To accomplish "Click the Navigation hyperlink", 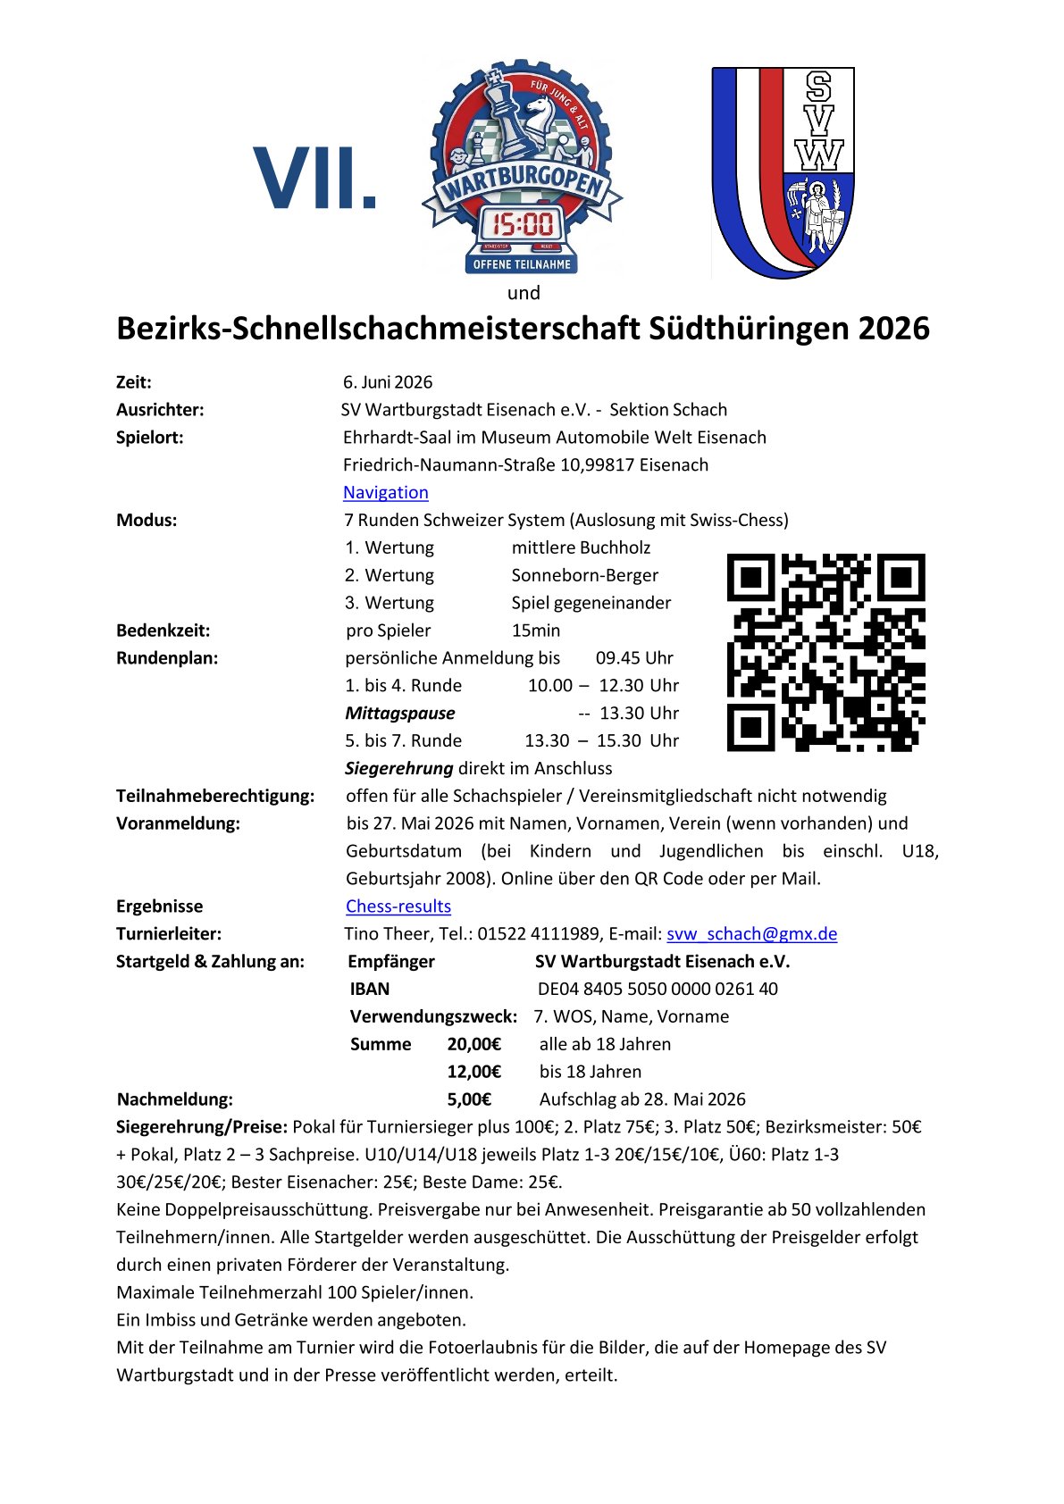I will [385, 492].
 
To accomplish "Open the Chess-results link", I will [398, 906].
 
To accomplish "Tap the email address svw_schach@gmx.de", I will [751, 933].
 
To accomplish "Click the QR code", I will [825, 652].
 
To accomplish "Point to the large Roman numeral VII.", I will [314, 180].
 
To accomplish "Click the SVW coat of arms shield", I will [783, 171].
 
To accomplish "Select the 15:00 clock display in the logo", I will [524, 223].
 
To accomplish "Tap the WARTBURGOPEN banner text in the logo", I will [523, 183].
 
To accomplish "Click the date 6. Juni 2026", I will [388, 382].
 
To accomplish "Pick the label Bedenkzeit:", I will [163, 631].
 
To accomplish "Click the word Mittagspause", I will [400, 714].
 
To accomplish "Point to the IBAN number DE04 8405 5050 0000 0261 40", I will [658, 989].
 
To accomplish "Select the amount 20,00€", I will [473, 1044].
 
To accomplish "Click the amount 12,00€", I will [473, 1072].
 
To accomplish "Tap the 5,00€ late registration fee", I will [469, 1099].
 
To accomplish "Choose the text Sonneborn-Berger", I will [585, 575].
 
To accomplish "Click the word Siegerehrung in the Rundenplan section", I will [399, 768].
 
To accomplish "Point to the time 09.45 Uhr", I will [634, 658].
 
